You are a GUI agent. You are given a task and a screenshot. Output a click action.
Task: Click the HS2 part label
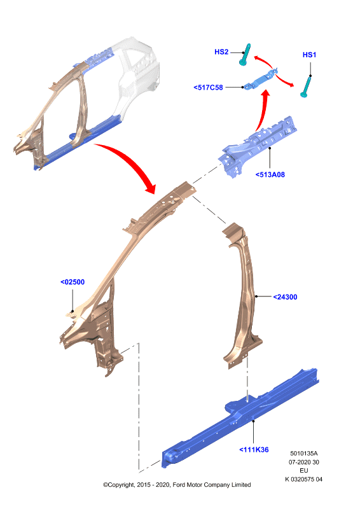[221, 52]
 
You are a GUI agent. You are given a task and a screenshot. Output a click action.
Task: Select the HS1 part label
[309, 55]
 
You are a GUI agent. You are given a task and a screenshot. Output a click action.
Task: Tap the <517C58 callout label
[208, 87]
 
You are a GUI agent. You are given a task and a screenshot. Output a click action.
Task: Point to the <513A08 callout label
[270, 174]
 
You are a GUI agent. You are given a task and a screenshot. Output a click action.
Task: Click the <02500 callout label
[73, 282]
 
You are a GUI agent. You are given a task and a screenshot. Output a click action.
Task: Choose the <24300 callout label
[285, 297]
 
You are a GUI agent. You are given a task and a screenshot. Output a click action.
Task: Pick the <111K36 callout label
[254, 450]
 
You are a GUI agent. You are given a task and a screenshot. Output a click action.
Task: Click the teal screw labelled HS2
[245, 55]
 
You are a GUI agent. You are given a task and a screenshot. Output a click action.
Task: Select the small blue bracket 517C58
[261, 79]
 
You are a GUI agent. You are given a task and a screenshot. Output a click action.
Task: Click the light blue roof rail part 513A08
[256, 147]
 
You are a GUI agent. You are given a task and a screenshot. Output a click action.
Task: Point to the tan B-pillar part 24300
[243, 295]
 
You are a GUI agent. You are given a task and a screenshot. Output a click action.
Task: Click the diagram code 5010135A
[304, 453]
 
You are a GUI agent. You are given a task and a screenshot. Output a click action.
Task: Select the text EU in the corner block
[304, 470]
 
